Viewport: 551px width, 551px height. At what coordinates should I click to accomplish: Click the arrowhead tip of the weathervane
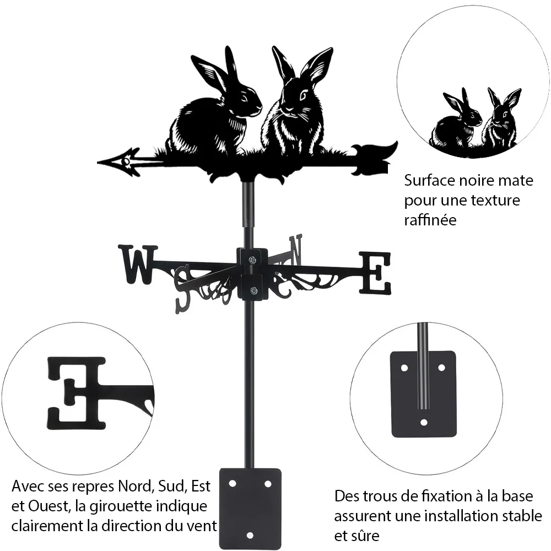pyautogui.click(x=98, y=163)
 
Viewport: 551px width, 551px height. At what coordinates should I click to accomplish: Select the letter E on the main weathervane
pyautogui.click(x=375, y=273)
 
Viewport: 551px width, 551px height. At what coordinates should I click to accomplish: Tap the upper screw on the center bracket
pyautogui.click(x=252, y=260)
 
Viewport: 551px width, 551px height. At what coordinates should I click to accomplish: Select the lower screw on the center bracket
pyautogui.click(x=253, y=290)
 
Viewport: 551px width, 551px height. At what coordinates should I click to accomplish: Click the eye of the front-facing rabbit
pyautogui.click(x=302, y=95)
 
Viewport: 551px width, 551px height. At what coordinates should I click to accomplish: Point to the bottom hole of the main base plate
pyautogui.click(x=250, y=536)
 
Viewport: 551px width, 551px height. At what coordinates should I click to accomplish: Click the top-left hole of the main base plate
pyautogui.click(x=233, y=484)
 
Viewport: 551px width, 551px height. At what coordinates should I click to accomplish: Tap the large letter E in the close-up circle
pyautogui.click(x=76, y=393)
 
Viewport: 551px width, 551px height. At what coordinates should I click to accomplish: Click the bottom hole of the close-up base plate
pyautogui.click(x=424, y=422)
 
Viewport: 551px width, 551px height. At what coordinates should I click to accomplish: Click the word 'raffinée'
pyautogui.click(x=430, y=220)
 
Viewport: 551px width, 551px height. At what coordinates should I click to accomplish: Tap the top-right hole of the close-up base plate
pyautogui.click(x=442, y=368)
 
